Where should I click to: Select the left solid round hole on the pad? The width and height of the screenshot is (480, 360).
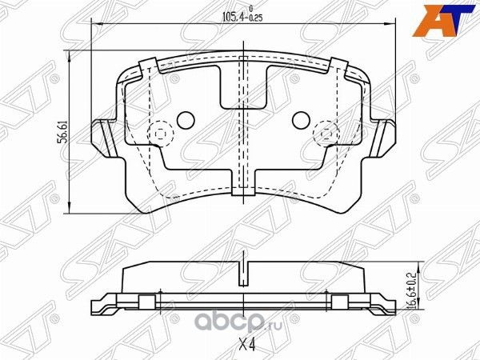coord(185,121)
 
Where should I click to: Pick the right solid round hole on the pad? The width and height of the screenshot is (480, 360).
coord(301,121)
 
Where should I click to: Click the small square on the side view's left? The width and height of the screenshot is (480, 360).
coord(146,302)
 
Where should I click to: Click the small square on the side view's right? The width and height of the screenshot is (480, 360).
coord(339,302)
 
